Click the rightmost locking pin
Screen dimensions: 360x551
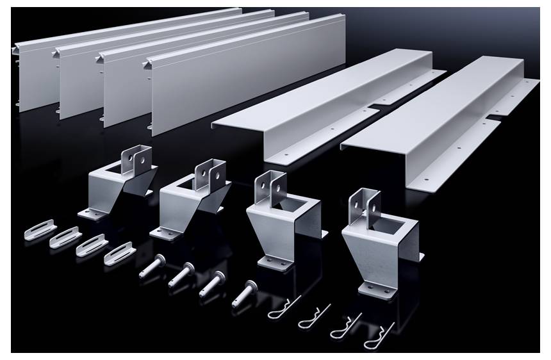[246, 293]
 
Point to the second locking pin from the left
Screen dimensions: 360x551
[183, 274]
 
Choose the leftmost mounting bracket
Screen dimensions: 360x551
[119, 183]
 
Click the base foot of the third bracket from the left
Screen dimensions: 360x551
[275, 260]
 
